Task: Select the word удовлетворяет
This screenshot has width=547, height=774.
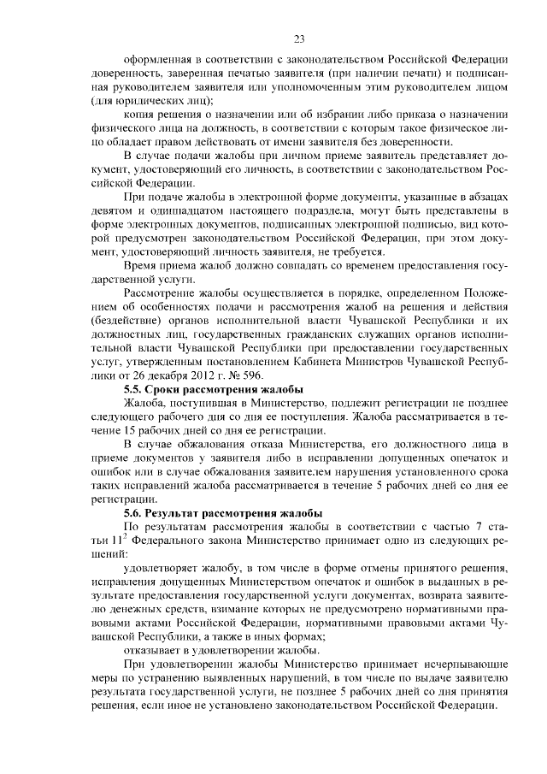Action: click(162, 570)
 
